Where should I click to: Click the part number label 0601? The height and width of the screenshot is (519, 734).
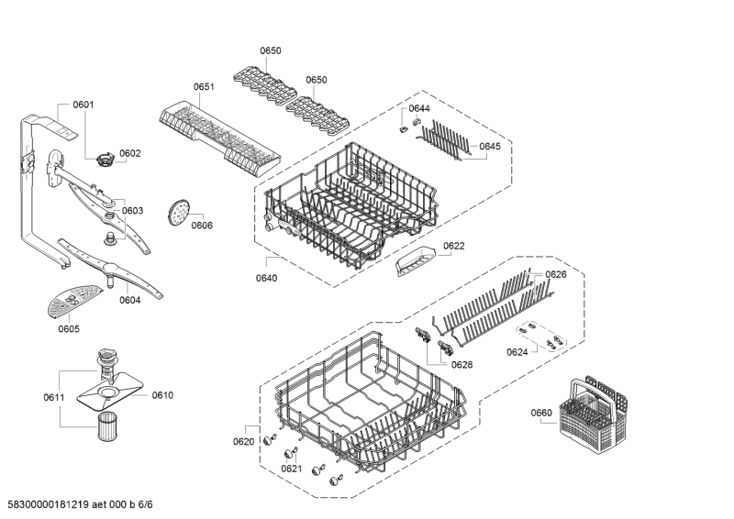click(x=83, y=105)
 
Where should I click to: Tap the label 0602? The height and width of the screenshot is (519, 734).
click(x=130, y=153)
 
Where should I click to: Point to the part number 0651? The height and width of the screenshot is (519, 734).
click(x=204, y=87)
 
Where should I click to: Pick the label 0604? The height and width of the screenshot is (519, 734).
click(x=129, y=300)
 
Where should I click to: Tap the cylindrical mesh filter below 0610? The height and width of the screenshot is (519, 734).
click(x=107, y=429)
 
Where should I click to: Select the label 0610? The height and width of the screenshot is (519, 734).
click(x=162, y=395)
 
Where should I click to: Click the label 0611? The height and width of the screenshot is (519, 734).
click(x=53, y=396)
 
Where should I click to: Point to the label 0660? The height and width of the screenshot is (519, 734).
click(x=541, y=413)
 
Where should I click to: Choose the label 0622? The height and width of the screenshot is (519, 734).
click(x=454, y=246)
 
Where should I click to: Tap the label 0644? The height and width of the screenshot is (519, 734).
click(x=419, y=109)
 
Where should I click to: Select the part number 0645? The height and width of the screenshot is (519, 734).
click(x=490, y=146)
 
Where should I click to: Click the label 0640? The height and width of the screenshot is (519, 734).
click(x=268, y=278)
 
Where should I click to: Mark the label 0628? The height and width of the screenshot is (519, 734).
click(x=462, y=364)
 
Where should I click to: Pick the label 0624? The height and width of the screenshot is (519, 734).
click(x=517, y=351)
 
